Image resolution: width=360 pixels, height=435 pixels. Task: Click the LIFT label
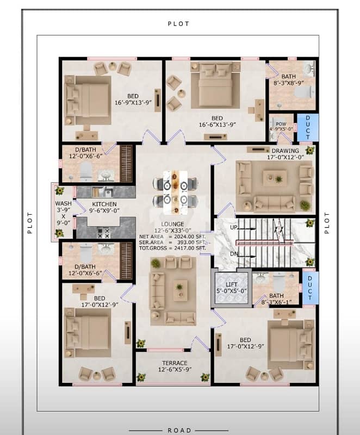click(x=231, y=284)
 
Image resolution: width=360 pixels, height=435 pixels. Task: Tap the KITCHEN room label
click(x=104, y=204)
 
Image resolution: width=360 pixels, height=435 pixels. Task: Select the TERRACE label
click(x=175, y=363)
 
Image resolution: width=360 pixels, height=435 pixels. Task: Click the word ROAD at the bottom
click(x=179, y=430)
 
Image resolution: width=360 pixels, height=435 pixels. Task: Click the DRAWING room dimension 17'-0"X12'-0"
click(x=285, y=157)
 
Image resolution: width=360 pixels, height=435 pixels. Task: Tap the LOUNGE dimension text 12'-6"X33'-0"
click(x=172, y=231)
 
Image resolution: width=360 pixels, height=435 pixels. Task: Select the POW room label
click(x=281, y=124)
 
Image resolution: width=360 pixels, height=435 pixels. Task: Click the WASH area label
click(x=63, y=203)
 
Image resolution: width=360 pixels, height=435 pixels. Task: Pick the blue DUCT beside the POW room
click(x=308, y=127)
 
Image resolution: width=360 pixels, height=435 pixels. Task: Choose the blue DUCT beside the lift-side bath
click(x=310, y=288)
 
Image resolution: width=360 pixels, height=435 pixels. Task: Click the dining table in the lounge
click(x=175, y=192)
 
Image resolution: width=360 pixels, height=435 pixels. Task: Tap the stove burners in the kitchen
click(x=104, y=233)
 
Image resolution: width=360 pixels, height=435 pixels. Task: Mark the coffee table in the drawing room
click(x=275, y=178)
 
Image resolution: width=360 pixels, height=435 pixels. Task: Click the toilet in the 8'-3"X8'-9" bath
click(x=304, y=92)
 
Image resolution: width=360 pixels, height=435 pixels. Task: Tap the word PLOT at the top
click(x=178, y=24)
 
